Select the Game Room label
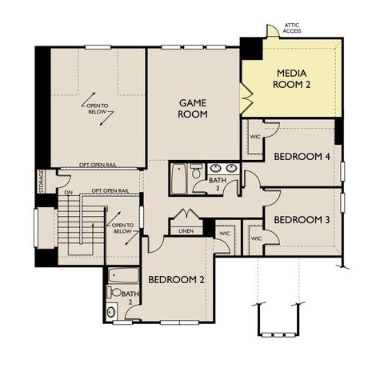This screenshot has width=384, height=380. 192,109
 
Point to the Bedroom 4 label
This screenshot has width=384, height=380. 302,156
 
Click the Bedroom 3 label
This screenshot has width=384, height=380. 302,220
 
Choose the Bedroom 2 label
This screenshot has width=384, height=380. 177,279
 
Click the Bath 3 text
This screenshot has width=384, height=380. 217,186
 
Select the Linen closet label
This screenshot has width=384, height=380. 186,231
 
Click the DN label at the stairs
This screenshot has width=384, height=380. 69,193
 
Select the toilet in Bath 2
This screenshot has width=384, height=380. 110,311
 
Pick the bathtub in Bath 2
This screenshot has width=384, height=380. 122,277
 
